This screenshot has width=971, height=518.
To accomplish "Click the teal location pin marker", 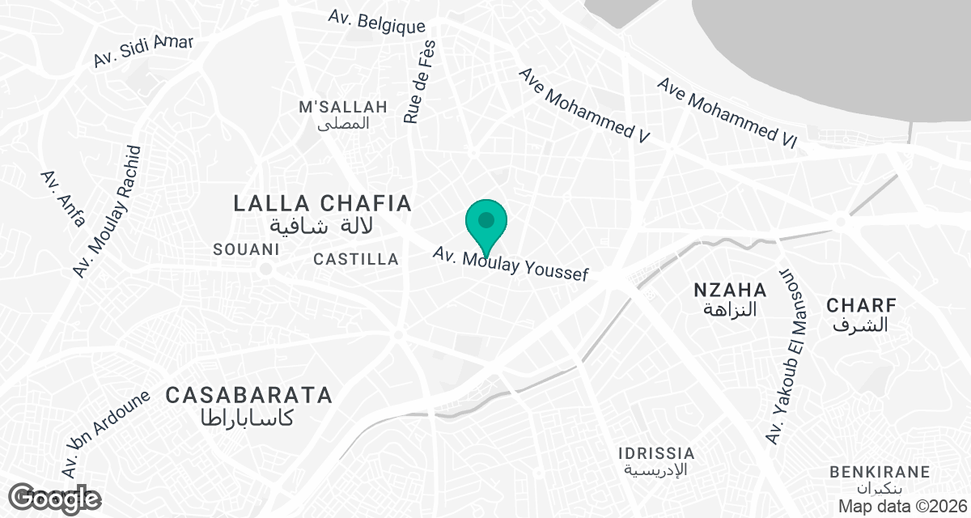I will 486,222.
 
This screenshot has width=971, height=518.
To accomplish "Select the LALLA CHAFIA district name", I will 323,203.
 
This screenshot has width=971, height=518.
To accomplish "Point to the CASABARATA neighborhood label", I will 249,395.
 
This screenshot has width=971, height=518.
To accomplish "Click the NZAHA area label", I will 730,290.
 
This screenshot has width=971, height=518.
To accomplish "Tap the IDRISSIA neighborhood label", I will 656,452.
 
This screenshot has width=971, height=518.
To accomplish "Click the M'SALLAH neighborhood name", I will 343,107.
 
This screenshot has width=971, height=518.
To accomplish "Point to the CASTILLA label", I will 356,259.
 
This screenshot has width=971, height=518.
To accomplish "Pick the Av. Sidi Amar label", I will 143,50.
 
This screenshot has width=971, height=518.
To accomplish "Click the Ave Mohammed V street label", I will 585,105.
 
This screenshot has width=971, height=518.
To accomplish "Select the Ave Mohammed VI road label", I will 727,113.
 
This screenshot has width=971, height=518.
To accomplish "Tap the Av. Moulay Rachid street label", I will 108,213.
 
